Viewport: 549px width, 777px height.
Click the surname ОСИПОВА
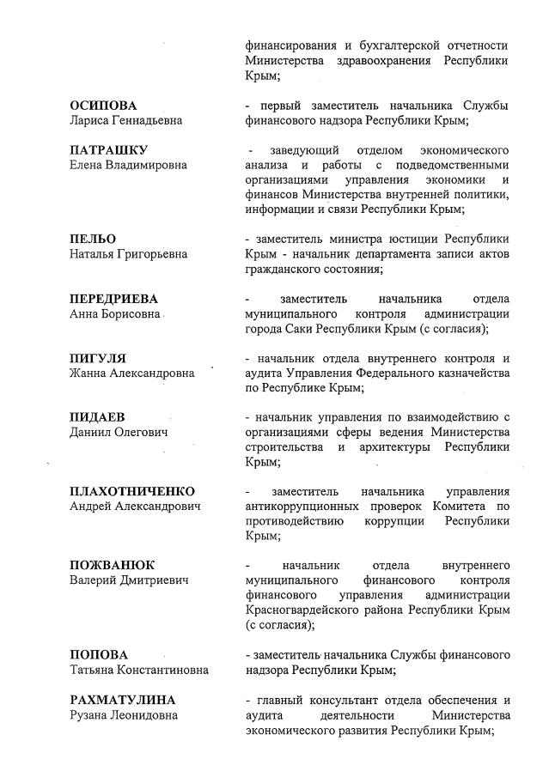103,106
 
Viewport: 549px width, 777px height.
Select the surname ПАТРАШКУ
108,149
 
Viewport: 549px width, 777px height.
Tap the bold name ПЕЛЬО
93,239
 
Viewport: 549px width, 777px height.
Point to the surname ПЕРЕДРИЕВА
113,299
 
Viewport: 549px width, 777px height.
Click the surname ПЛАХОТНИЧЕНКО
132,491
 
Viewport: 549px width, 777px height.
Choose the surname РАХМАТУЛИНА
122,700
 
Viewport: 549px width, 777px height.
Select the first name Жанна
88,373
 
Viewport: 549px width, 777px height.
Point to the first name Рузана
90,715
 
